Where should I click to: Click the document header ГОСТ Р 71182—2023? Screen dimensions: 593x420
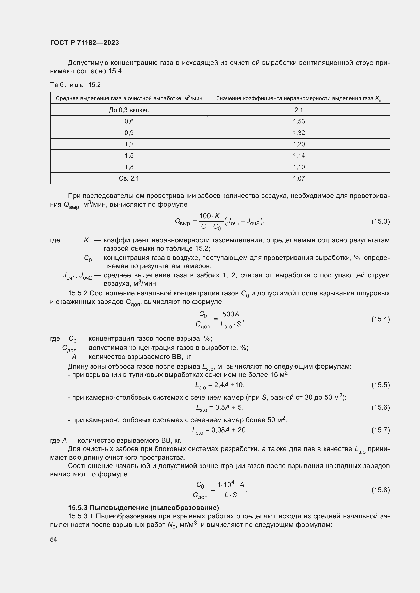[84, 43]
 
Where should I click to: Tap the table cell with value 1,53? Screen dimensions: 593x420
[299, 121]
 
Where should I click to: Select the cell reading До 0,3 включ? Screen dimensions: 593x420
[129, 110]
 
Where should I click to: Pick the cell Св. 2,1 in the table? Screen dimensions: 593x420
[129, 178]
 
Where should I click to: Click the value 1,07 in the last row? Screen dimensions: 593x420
[299, 178]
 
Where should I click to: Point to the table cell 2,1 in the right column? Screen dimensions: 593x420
[299, 110]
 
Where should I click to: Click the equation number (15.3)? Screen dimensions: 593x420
[380, 221]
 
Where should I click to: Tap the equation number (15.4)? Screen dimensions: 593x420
[380, 319]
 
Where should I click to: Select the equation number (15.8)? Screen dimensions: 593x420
[380, 490]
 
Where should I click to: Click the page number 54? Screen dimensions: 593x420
[54, 539]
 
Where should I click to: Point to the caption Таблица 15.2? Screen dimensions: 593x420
[75, 85]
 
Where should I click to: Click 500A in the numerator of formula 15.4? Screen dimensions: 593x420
[231, 314]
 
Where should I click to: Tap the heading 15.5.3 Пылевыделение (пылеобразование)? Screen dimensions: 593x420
[143, 508]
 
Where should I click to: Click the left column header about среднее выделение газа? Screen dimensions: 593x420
[129, 98]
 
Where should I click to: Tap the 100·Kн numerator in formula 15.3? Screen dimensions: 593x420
[211, 216]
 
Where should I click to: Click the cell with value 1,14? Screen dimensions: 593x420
[299, 155]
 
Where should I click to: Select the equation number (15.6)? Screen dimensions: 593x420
[380, 407]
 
